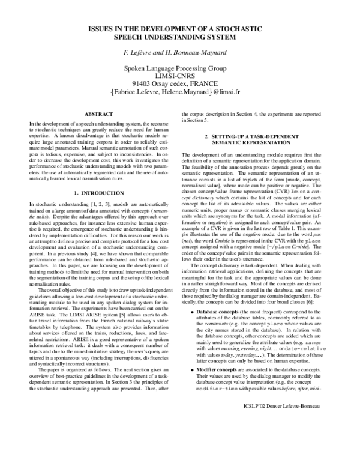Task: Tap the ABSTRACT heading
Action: (98, 113)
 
